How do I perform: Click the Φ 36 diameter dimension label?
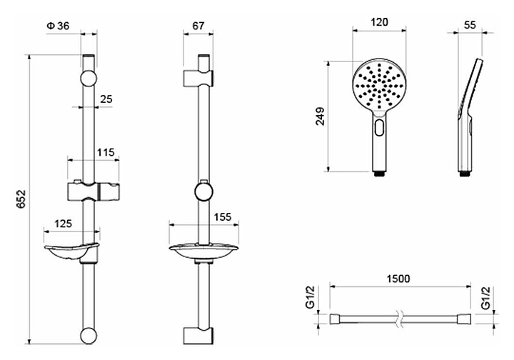(58, 26)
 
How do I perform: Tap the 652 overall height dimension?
(21, 199)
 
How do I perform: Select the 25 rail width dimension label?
(106, 99)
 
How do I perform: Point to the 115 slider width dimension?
(106, 152)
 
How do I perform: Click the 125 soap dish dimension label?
(63, 224)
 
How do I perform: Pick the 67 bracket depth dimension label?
(198, 26)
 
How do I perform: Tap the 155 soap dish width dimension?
(222, 216)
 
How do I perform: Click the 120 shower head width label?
(379, 22)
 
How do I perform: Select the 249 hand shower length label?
(320, 116)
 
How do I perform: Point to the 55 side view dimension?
(470, 25)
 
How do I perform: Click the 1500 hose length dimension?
(398, 279)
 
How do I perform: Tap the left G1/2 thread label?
(310, 297)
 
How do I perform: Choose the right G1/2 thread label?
(485, 297)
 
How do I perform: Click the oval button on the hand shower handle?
(380, 127)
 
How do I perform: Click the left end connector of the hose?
(335, 319)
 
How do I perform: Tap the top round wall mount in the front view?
(89, 79)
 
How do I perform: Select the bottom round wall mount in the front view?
(89, 335)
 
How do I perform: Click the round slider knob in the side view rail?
(203, 191)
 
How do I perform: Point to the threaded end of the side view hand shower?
(463, 174)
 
